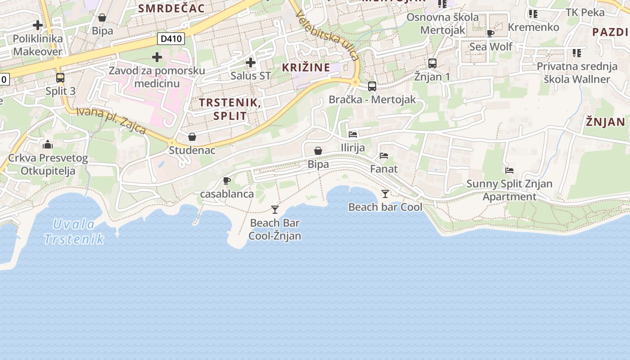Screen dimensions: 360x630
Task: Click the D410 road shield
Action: tap(171, 39)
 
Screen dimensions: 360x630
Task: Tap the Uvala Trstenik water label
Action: tap(75, 231)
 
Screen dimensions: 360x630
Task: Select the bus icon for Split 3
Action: tap(60, 78)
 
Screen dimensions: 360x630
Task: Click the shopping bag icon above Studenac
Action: tap(192, 137)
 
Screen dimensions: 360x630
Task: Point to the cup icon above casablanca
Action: tap(227, 181)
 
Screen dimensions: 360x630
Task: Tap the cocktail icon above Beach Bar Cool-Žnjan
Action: tap(275, 209)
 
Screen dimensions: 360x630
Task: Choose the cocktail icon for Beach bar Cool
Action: tap(385, 194)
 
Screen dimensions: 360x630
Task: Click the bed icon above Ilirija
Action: tap(353, 134)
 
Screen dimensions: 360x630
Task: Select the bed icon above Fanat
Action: tap(384, 156)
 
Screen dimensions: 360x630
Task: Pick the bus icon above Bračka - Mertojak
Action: tap(372, 86)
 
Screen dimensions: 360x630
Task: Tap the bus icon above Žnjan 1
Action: tap(432, 63)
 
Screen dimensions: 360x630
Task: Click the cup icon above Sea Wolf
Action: tap(490, 33)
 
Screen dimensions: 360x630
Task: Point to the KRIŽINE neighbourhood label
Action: tap(306, 68)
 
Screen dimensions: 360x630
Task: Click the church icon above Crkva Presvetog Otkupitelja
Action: tap(47, 145)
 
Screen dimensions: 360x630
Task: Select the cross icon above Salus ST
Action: tap(251, 63)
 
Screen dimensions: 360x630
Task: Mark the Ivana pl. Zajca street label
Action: tap(111, 120)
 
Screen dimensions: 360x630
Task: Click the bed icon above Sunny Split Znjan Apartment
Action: tap(509, 171)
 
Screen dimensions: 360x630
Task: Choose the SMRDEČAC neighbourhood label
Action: tap(171, 8)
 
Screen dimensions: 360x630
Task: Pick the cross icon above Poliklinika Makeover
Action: tap(38, 25)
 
